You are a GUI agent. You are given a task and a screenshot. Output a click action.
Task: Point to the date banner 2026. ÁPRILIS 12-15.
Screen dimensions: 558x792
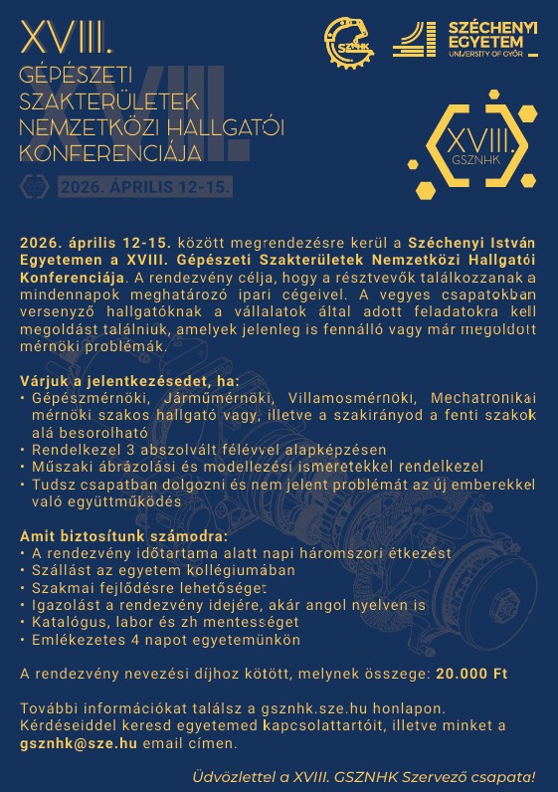coord(144,186)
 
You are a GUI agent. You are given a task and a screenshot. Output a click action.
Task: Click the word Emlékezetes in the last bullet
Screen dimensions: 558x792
coord(77,640)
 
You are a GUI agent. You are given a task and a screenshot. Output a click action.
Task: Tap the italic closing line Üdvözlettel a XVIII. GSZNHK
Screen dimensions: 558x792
coord(364,776)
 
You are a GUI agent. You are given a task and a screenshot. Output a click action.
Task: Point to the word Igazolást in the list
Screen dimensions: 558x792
coord(65,605)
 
